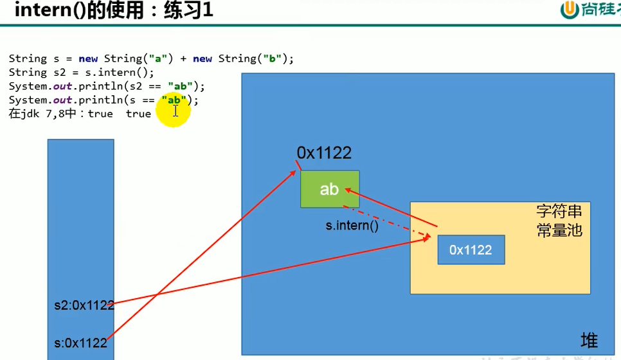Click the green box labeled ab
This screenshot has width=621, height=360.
click(329, 189)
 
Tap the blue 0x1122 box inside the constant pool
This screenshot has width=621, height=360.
click(471, 250)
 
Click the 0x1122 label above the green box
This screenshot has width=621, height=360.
click(324, 153)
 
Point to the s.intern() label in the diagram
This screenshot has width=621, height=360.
click(352, 226)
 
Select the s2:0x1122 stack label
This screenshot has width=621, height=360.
click(84, 305)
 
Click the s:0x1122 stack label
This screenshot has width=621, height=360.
click(80, 343)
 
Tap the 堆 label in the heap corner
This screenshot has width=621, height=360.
click(588, 340)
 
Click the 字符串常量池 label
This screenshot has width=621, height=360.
click(559, 221)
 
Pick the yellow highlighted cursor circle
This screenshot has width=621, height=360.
click(175, 111)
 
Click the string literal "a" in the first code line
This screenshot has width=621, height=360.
click(158, 59)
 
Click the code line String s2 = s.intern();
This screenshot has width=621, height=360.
click(81, 72)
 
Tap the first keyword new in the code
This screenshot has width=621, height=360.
click(88, 59)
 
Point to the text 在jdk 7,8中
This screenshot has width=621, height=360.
click(45, 114)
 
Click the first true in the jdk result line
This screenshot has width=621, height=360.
click(100, 114)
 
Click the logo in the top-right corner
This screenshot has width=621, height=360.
click(584, 11)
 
